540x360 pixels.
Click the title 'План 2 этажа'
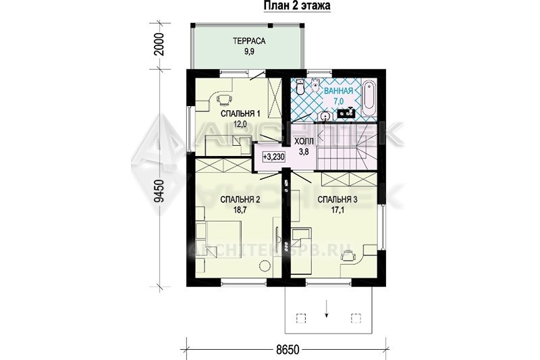point(297,6)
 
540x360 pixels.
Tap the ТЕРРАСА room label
point(249,41)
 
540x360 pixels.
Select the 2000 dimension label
point(159,45)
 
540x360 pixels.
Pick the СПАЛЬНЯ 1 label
point(240,113)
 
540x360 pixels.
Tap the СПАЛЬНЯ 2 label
point(240,199)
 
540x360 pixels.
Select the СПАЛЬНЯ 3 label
point(337,199)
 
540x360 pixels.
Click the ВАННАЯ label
point(339,91)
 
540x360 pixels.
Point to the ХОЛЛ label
point(304,142)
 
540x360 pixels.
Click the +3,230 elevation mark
point(274,157)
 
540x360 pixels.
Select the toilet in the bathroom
point(300,86)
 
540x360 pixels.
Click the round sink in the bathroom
point(325,117)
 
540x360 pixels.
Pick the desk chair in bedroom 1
point(224,99)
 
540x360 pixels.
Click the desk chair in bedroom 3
point(348,255)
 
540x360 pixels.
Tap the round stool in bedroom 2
point(265,265)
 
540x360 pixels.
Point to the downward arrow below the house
point(326,310)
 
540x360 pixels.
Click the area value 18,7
point(240,210)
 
